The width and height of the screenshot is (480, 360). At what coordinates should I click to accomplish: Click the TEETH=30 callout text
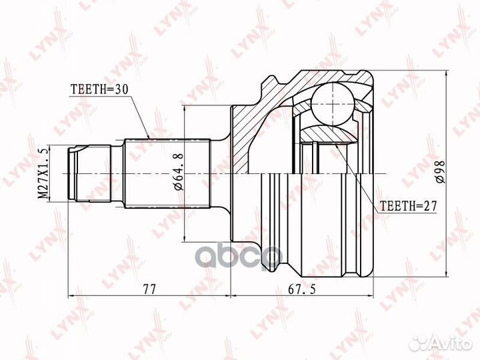99,89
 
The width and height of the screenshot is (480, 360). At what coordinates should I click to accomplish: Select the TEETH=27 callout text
409,206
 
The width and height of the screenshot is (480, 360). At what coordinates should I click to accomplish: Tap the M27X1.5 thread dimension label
43,173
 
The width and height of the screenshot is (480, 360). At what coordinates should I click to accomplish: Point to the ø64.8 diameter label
179,172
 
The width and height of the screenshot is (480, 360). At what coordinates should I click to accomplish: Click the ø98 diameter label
441,172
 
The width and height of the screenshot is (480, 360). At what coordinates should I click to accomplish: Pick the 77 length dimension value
149,289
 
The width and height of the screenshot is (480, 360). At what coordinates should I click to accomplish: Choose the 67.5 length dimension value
301,289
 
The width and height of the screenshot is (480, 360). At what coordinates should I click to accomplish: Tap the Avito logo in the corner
441,343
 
